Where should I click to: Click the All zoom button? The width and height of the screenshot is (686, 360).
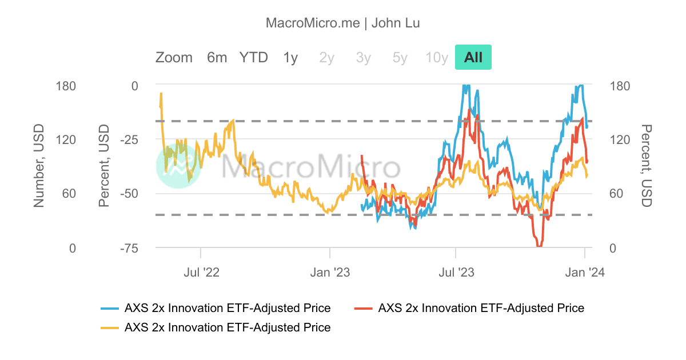point(473,57)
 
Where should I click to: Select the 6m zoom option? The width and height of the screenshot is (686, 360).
point(217,57)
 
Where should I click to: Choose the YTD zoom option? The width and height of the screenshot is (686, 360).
point(253,57)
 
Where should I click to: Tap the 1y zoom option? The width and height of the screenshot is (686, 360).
point(290,57)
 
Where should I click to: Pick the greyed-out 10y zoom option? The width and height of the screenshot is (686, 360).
point(436,57)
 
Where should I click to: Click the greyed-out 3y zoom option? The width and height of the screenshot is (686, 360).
point(363,57)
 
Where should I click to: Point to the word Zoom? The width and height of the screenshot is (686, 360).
point(174,57)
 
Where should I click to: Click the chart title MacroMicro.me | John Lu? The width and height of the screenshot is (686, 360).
point(343,23)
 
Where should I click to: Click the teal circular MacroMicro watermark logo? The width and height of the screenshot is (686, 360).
point(178,166)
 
